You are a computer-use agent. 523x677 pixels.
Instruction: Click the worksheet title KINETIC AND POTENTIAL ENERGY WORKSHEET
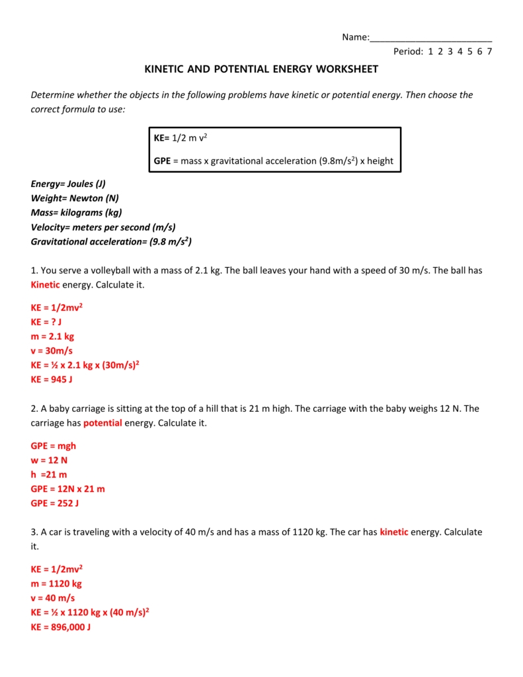pos(261,69)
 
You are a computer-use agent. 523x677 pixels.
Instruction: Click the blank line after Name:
pos(430,38)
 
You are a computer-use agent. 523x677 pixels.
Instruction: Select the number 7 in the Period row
pos(489,52)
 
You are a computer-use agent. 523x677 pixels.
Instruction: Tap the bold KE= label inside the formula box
pos(162,137)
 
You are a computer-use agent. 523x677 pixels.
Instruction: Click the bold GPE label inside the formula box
pos(163,161)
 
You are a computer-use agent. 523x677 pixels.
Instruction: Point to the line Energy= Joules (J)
pos(68,184)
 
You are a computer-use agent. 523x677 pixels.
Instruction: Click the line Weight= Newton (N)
pos(75,198)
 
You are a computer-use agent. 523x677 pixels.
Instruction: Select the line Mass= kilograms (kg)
pos(76,213)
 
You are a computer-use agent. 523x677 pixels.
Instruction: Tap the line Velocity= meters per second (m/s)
pos(103,227)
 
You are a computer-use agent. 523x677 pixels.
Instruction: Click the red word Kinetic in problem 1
pos(46,284)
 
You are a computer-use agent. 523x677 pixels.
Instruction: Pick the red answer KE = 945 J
pos(52,379)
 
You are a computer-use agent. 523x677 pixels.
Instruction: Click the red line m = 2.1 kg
pos(52,337)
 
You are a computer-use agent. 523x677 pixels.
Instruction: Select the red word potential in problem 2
pos(102,423)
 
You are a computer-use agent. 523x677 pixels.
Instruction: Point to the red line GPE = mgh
pos(54,446)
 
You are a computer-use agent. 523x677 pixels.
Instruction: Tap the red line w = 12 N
pos(50,460)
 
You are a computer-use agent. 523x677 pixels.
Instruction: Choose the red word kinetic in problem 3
pos(394,532)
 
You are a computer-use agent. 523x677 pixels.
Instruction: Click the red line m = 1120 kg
pos(56,584)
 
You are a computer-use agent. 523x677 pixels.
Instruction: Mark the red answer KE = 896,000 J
pos(61,627)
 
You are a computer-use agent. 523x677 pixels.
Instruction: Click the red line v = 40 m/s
pos(53,598)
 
